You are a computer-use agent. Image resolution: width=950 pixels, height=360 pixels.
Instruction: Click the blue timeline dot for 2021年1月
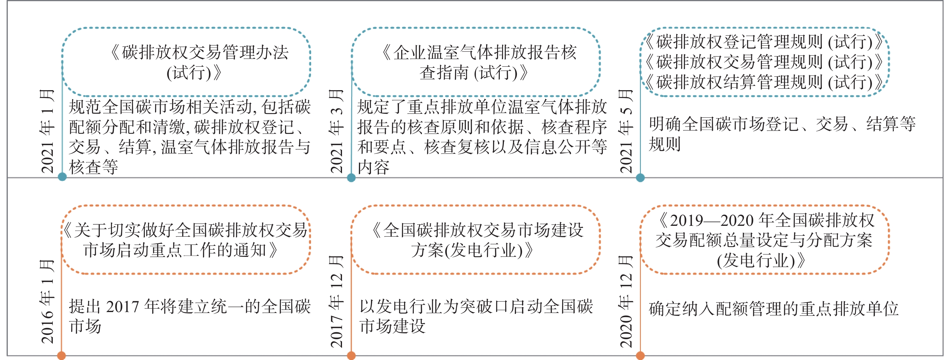(62, 177)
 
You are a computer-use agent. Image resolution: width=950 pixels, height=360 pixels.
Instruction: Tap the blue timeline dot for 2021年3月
(351, 178)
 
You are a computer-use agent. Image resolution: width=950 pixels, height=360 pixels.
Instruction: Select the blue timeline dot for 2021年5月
(641, 178)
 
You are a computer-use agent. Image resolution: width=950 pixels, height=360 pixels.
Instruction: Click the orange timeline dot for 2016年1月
(61, 355)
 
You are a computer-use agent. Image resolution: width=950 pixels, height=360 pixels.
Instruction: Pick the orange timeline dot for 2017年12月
(351, 355)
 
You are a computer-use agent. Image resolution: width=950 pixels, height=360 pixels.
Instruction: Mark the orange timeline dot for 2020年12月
(641, 355)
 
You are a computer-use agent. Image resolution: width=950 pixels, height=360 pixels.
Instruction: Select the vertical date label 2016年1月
(47, 302)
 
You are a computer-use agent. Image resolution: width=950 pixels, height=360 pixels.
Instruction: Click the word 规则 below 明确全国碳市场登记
(665, 144)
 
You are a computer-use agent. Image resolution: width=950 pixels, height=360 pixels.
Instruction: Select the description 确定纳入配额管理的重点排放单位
(774, 309)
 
